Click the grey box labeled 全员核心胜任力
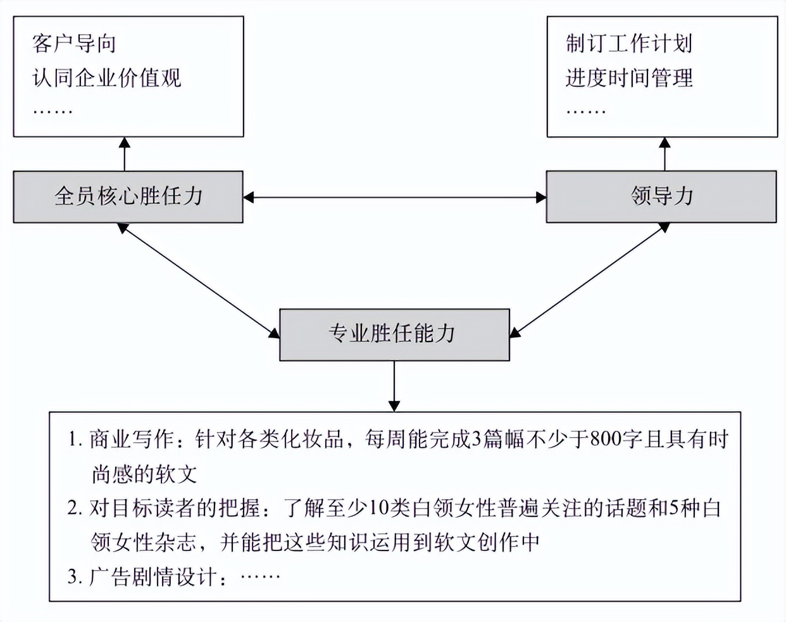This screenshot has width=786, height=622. (128, 197)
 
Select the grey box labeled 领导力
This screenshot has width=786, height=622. (661, 197)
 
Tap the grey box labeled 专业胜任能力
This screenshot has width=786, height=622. (394, 334)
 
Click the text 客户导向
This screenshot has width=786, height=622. (74, 44)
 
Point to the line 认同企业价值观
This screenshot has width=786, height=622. (107, 78)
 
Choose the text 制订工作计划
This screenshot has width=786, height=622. (628, 44)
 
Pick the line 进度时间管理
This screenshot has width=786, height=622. (628, 78)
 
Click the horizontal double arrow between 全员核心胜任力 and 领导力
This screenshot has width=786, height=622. (394, 198)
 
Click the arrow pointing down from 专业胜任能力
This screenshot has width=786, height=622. (394, 386)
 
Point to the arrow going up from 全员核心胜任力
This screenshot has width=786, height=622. (125, 154)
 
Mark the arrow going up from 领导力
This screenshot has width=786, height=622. (664, 154)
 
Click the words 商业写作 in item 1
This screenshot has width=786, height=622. (131, 439)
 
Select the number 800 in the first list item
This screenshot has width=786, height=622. (605, 439)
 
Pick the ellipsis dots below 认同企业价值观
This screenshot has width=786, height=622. (53, 111)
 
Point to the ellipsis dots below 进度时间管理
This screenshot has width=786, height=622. (585, 111)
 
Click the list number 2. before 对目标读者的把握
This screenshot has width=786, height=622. (75, 508)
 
